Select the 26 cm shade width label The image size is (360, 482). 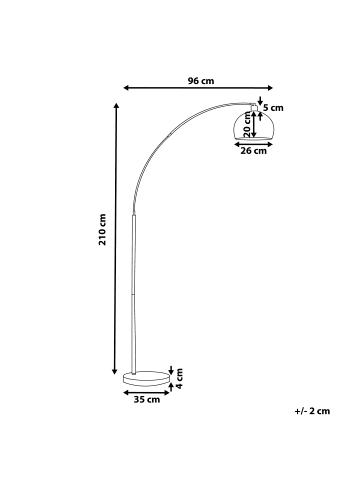pyautogui.click(x=254, y=152)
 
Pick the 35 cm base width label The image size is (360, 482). pyautogui.click(x=146, y=399)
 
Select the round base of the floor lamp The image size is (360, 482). pyautogui.click(x=146, y=379)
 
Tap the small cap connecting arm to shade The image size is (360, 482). pyautogui.click(x=253, y=105)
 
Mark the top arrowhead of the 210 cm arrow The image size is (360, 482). pyautogui.click(x=117, y=104)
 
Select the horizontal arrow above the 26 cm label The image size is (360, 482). pyautogui.click(x=254, y=142)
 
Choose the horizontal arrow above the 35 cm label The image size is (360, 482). pyautogui.click(x=146, y=391)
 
